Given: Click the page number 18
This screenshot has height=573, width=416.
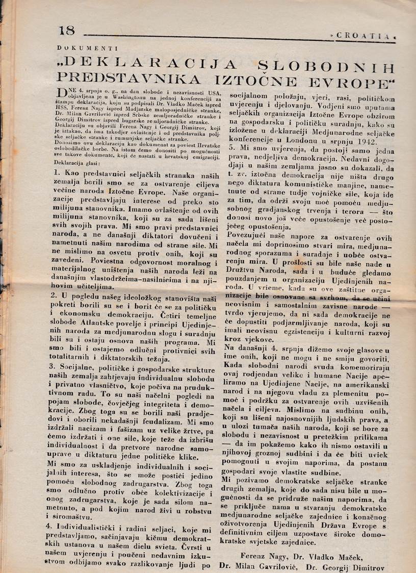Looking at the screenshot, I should click(x=66, y=31).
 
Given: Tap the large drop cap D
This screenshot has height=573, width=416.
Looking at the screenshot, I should click(x=60, y=92).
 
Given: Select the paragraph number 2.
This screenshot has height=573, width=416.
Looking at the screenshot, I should click(x=57, y=295).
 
